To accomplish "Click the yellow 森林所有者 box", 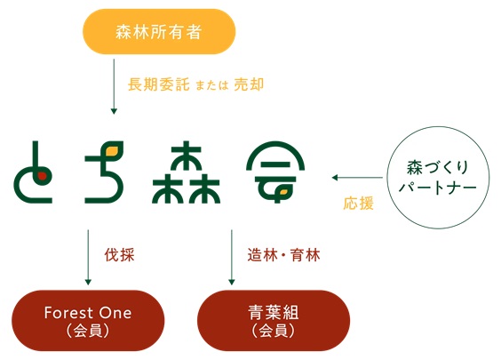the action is click(x=159, y=32).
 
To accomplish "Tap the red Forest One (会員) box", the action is click(x=88, y=320).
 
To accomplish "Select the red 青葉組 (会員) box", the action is click(x=274, y=320).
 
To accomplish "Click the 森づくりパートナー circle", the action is click(x=438, y=178).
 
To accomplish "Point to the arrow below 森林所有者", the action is click(x=114, y=86).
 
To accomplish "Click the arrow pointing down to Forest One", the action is click(x=88, y=257).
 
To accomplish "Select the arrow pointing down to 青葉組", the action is click(x=232, y=257).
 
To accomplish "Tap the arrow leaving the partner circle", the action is click(x=357, y=178).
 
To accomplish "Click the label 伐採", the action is click(x=120, y=255).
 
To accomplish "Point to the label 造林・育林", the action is click(x=283, y=255).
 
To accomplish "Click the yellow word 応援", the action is click(x=359, y=204).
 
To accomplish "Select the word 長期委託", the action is click(x=158, y=84).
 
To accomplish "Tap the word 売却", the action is click(x=249, y=84).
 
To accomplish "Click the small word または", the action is click(x=211, y=85).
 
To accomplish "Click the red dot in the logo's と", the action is click(x=42, y=175).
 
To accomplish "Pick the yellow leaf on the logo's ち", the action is click(x=112, y=149).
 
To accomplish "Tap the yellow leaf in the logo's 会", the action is click(x=283, y=192).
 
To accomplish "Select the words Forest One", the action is click(x=88, y=313).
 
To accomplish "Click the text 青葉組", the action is click(x=274, y=313).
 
